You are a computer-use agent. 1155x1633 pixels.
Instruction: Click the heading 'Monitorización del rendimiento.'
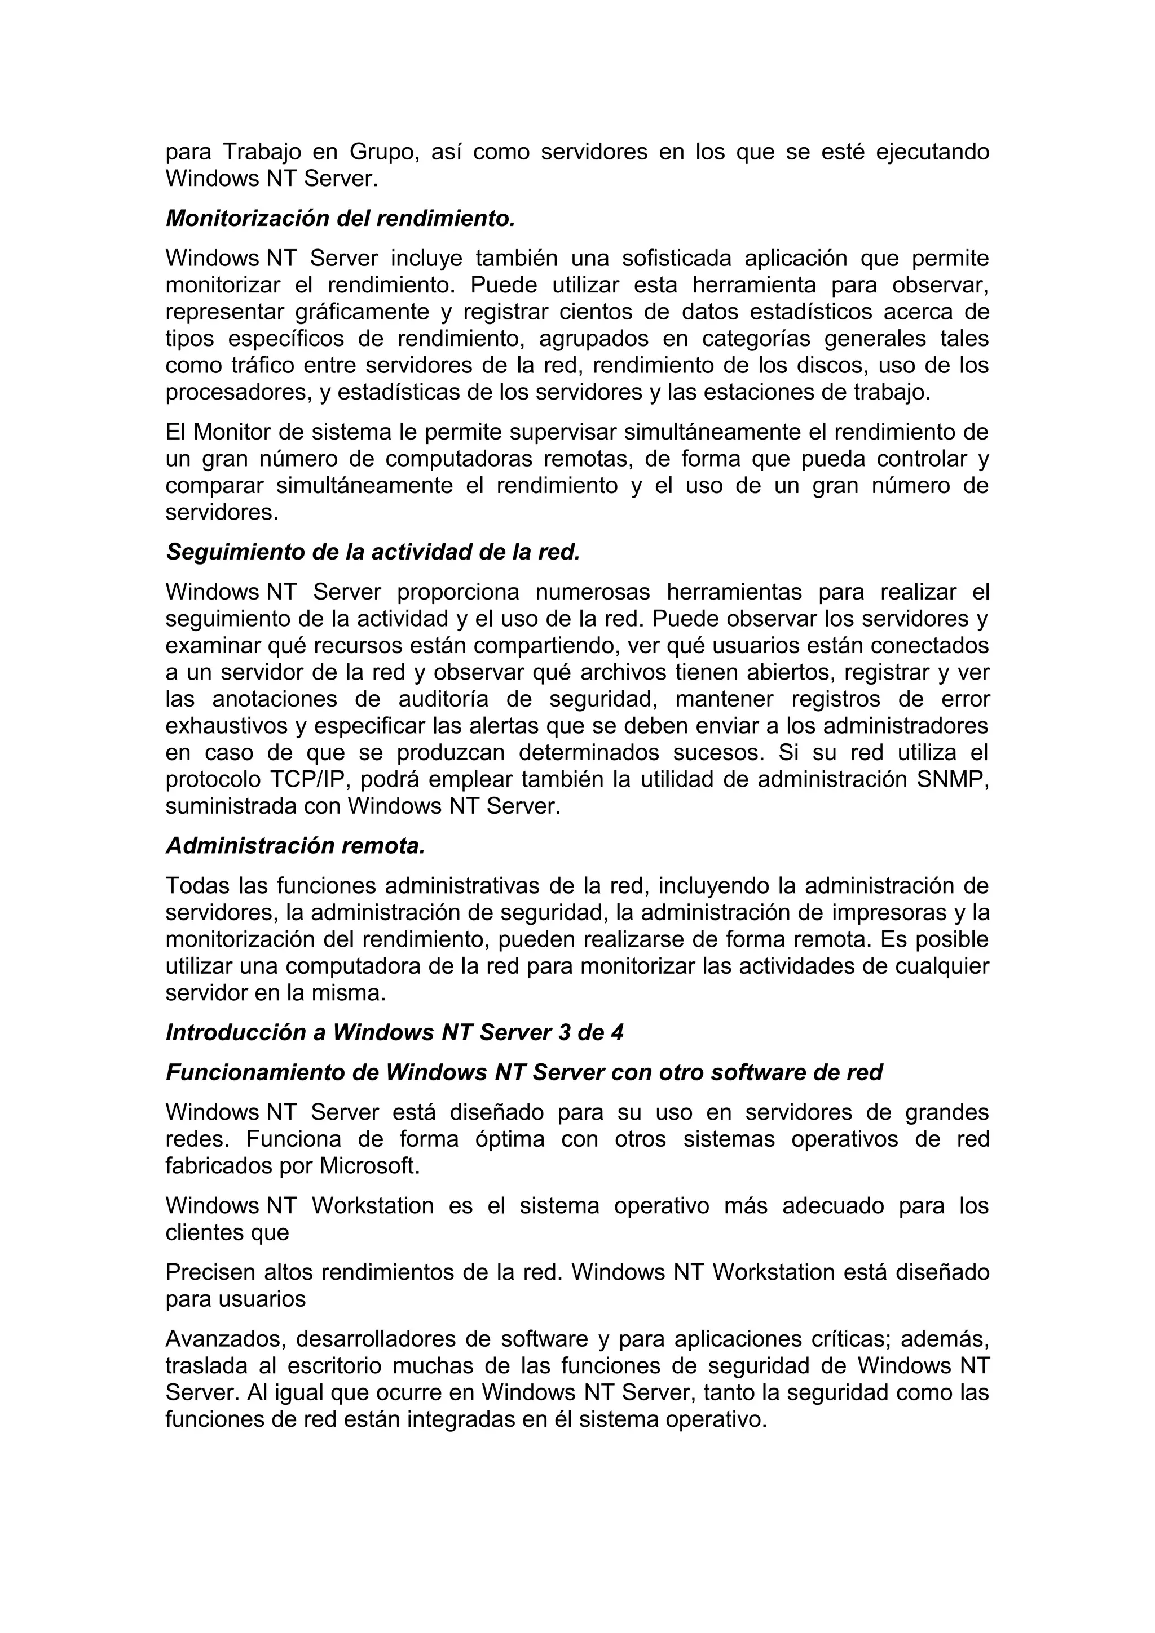click(340, 218)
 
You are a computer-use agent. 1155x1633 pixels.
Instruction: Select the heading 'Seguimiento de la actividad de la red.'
click(373, 551)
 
